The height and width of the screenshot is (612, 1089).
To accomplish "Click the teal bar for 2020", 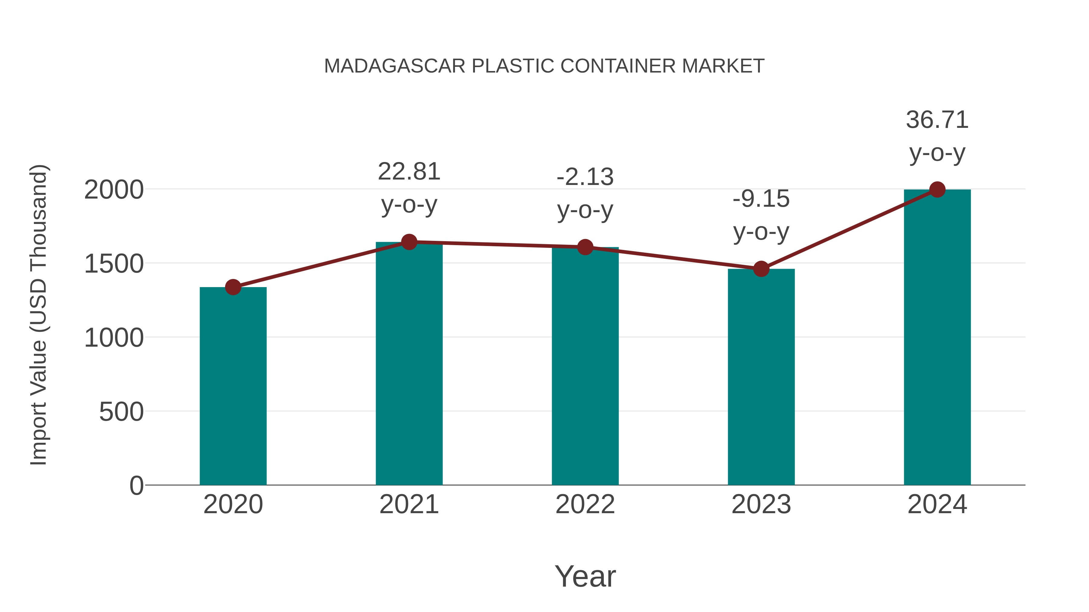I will pyautogui.click(x=233, y=387).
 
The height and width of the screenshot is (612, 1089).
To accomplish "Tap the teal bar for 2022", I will pyautogui.click(x=585, y=366).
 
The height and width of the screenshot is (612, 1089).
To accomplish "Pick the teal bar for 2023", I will pyautogui.click(x=761, y=377).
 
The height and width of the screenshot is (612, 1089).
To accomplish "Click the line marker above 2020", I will pyautogui.click(x=233, y=287).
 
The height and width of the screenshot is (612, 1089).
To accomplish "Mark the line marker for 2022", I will pyautogui.click(x=585, y=247).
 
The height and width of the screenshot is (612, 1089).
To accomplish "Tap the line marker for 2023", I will pyautogui.click(x=761, y=269).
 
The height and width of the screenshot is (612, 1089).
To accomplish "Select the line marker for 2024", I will pyautogui.click(x=937, y=189).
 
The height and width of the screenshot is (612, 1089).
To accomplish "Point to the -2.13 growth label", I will pyautogui.click(x=585, y=177).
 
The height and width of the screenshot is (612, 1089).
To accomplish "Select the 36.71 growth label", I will pyautogui.click(x=937, y=120).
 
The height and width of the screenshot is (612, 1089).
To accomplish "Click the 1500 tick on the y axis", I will pyautogui.click(x=114, y=264).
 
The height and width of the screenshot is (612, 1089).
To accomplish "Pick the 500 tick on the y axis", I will pyautogui.click(x=121, y=412).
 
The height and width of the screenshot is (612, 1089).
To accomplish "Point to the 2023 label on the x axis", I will pyautogui.click(x=761, y=504).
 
